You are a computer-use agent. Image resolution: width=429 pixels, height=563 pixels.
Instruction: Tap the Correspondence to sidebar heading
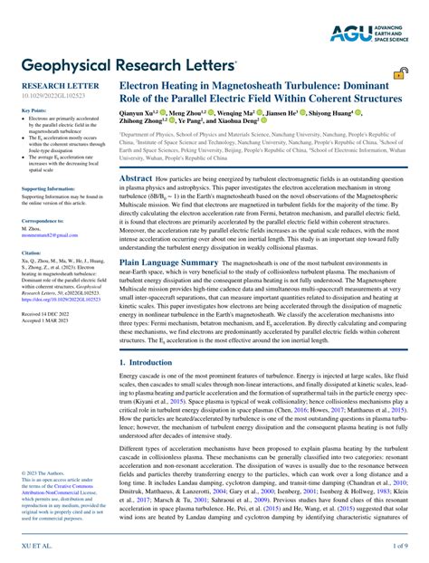pyautogui.click(x=43, y=220)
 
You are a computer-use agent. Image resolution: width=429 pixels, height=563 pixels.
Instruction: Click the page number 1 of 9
pyautogui.click(x=399, y=548)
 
